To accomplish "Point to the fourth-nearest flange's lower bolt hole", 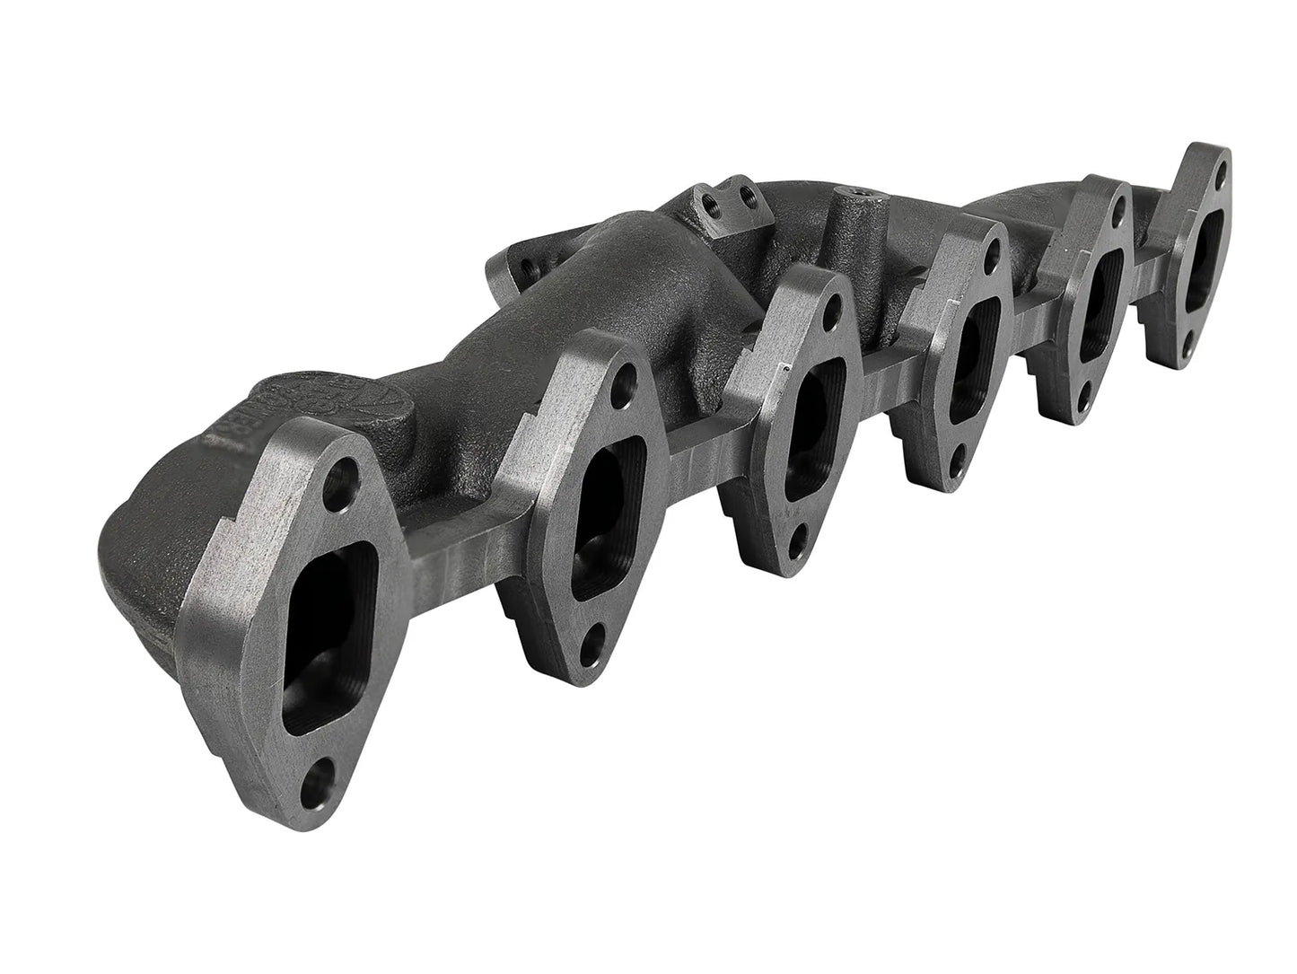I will pyautogui.click(x=958, y=463).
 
